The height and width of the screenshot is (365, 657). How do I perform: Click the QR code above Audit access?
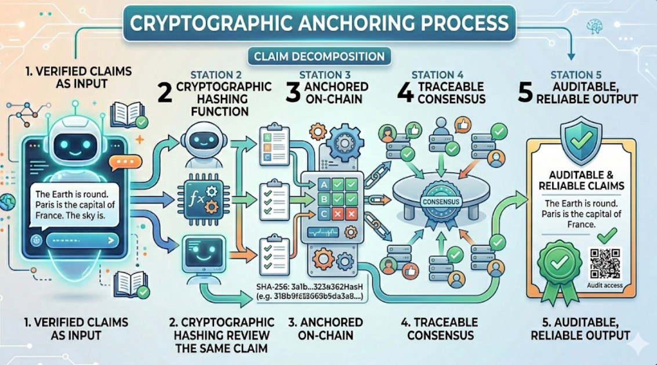coord(605,264)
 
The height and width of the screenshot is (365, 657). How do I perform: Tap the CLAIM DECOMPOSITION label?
coord(318,56)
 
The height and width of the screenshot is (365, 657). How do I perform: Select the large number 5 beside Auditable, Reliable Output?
coord(526,92)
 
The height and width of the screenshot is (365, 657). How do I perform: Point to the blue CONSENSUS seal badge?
coord(442,203)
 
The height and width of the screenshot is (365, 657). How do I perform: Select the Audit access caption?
coord(605,286)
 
